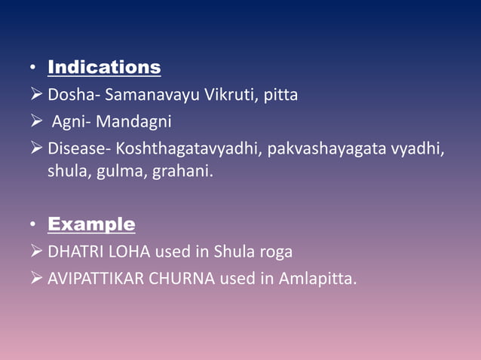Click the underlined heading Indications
point(104,68)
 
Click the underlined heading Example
point(91,224)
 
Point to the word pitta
point(280,96)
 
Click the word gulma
point(117,172)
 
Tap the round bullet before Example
point(32,226)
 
